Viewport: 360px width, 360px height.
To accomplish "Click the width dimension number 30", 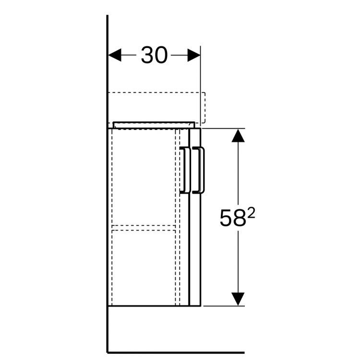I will pos(154,56).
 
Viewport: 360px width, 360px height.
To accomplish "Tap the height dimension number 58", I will pos(232,219).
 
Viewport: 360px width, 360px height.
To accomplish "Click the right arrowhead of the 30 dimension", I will pos(194,55).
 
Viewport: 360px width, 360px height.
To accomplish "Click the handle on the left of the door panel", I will pos(184,170).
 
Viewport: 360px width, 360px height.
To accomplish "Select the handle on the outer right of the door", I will pos(201,170).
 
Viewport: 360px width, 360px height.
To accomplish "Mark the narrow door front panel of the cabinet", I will pos(195,240).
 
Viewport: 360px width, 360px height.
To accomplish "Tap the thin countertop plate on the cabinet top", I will pos(154,124).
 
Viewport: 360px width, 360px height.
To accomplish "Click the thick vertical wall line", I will pos(107,192).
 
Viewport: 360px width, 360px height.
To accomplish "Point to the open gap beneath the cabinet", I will pos(154,329).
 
